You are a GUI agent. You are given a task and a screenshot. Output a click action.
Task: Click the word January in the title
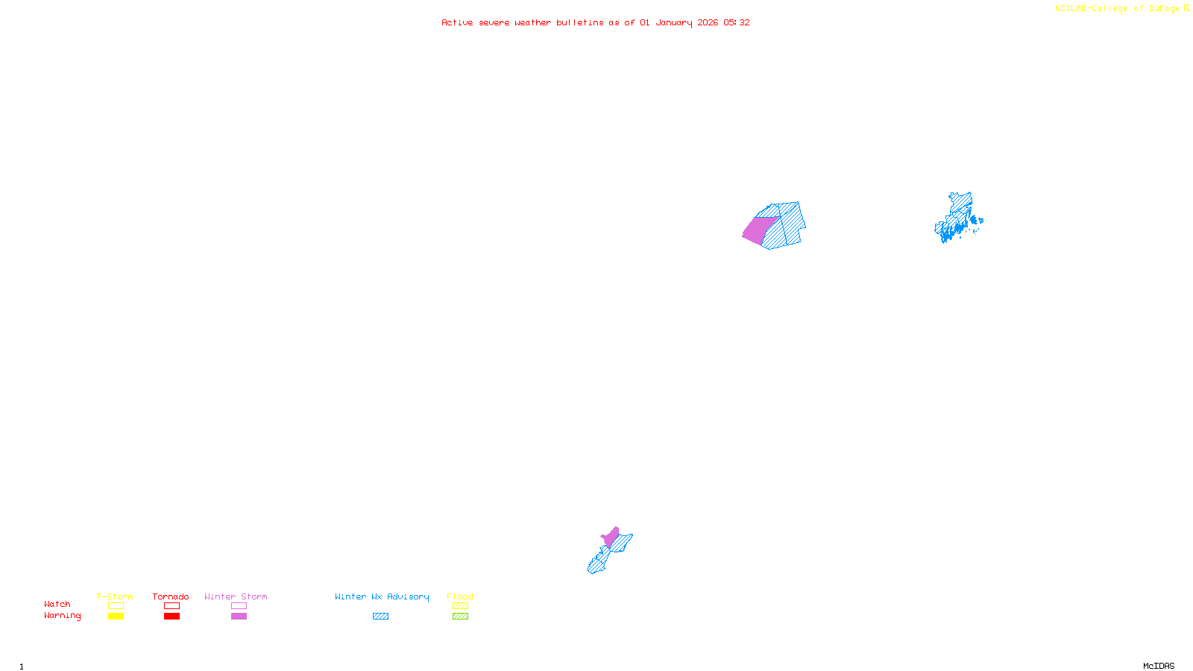coord(673,22)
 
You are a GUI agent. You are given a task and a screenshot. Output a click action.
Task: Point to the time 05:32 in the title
coord(736,22)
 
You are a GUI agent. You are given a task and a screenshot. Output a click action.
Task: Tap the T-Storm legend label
coord(115,596)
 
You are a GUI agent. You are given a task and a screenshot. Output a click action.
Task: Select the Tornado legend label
coord(171,596)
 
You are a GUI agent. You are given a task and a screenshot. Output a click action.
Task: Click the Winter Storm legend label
coord(236,596)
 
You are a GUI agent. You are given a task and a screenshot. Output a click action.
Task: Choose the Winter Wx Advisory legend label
coord(382,596)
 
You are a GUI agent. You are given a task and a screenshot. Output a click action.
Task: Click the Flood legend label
coord(460,596)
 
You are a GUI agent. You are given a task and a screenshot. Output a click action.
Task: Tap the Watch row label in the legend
coord(57,605)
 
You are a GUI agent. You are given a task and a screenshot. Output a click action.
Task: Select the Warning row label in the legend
coord(63,616)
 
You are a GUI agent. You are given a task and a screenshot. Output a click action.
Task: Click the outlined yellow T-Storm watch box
coord(116,606)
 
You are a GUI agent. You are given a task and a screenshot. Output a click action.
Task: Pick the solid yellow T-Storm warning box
coord(116,617)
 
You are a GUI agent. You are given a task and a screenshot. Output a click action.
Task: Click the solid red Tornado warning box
coord(172,617)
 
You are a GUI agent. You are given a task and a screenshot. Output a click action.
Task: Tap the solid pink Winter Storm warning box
coord(239,617)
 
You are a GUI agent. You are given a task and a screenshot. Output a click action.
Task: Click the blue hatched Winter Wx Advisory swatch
coord(380,617)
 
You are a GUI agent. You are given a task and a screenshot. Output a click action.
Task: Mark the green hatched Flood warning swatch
coord(460,617)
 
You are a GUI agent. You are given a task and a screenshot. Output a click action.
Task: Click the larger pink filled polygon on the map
coord(759,230)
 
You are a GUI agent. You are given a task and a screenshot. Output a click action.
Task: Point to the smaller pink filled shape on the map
coord(611,538)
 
